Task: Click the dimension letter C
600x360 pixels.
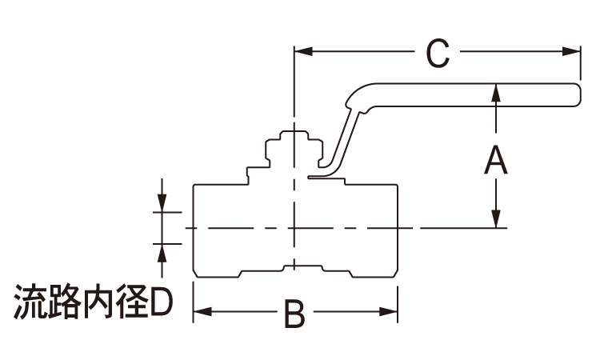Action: point(438,54)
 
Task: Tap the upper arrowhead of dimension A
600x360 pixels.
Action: point(497,93)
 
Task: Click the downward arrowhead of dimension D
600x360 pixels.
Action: point(162,206)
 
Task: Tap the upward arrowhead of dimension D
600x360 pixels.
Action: point(162,250)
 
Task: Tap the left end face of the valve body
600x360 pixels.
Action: point(193,230)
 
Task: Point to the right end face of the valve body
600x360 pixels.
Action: point(398,230)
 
